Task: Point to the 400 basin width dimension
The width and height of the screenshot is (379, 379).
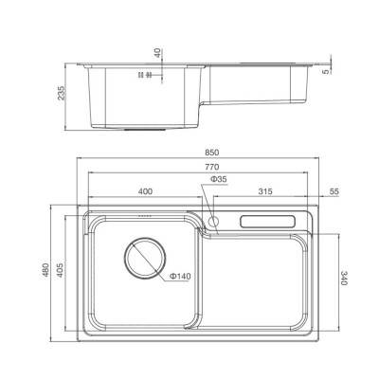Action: click(145, 192)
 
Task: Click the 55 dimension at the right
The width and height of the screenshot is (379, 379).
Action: click(332, 192)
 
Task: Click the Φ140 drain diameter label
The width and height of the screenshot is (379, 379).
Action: click(181, 277)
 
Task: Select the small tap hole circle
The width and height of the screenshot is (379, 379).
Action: click(213, 223)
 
